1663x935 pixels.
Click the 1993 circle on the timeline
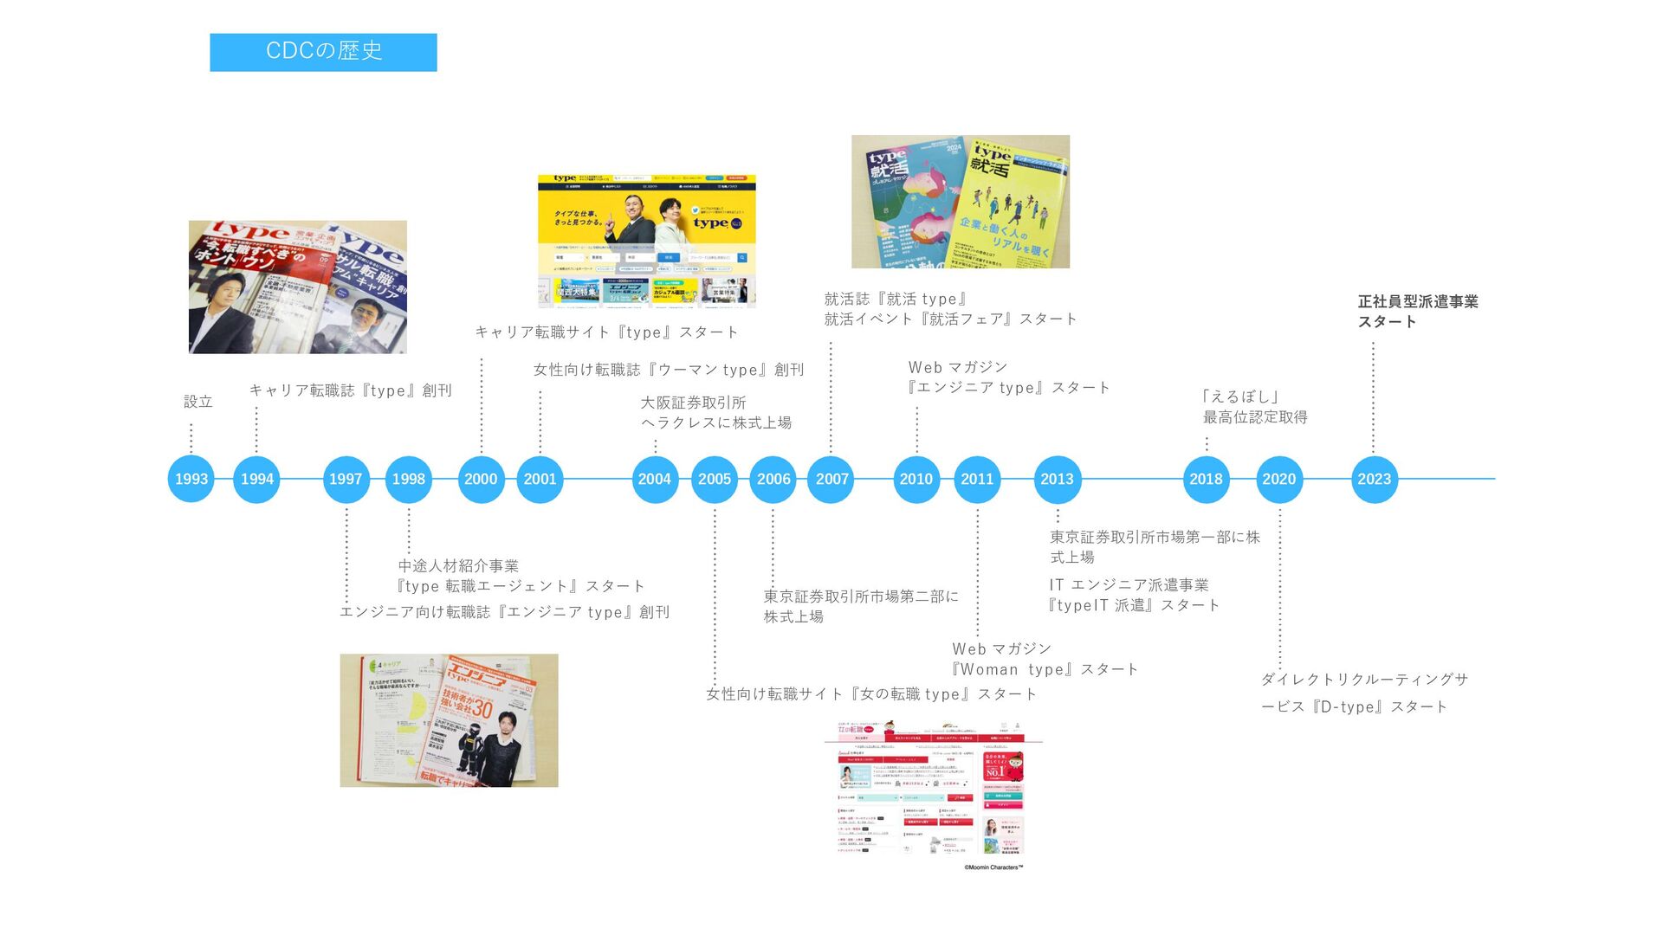tap(191, 479)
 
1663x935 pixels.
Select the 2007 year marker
tap(831, 479)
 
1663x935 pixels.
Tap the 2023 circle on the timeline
tap(1374, 479)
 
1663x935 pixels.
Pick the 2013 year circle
tap(1057, 479)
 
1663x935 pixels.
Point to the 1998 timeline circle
tap(408, 479)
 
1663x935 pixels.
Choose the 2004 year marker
tap(655, 479)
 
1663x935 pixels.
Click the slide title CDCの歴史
tap(323, 51)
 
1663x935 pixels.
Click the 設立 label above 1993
tap(198, 402)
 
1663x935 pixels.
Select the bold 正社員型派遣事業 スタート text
tap(1417, 312)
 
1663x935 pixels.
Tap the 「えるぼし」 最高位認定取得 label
tap(1254, 407)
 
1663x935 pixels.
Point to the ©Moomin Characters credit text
tap(993, 867)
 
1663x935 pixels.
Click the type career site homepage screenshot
tap(646, 241)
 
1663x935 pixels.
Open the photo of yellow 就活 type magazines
tap(960, 201)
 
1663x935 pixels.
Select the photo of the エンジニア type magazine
tap(449, 720)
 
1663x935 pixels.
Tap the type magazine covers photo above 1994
tap(297, 287)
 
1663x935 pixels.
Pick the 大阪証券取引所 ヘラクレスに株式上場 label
tap(715, 413)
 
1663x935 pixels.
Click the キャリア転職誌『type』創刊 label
tap(351, 390)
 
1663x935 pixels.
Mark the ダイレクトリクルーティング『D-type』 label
tap(1363, 693)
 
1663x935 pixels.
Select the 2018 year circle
tap(1206, 479)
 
